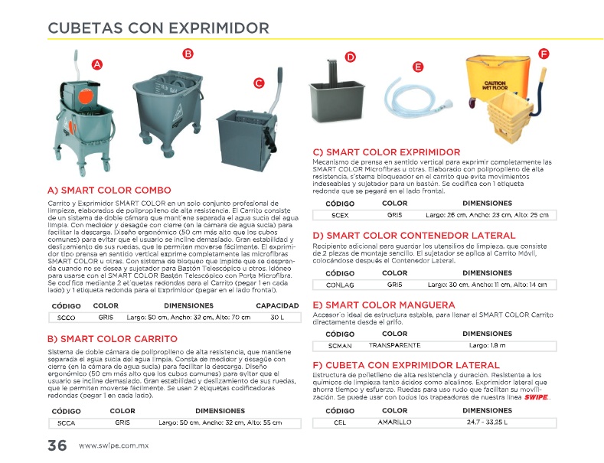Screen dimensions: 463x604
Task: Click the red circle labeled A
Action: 97,65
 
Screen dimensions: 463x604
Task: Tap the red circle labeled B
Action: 188,53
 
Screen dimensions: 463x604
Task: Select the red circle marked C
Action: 259,83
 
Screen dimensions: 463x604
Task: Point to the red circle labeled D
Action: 350,57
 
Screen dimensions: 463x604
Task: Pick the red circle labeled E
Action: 418,67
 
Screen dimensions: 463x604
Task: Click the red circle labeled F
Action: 544,54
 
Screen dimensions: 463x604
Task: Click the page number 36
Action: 57,445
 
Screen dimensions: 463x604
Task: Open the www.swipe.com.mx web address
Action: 113,446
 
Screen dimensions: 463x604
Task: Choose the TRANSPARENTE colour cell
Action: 394,346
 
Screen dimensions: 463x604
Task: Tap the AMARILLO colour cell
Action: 394,422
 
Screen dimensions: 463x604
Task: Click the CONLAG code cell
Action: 340,285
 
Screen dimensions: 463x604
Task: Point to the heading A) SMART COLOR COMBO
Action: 109,190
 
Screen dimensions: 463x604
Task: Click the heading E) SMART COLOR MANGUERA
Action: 384,305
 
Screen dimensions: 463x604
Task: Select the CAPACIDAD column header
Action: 276,306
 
